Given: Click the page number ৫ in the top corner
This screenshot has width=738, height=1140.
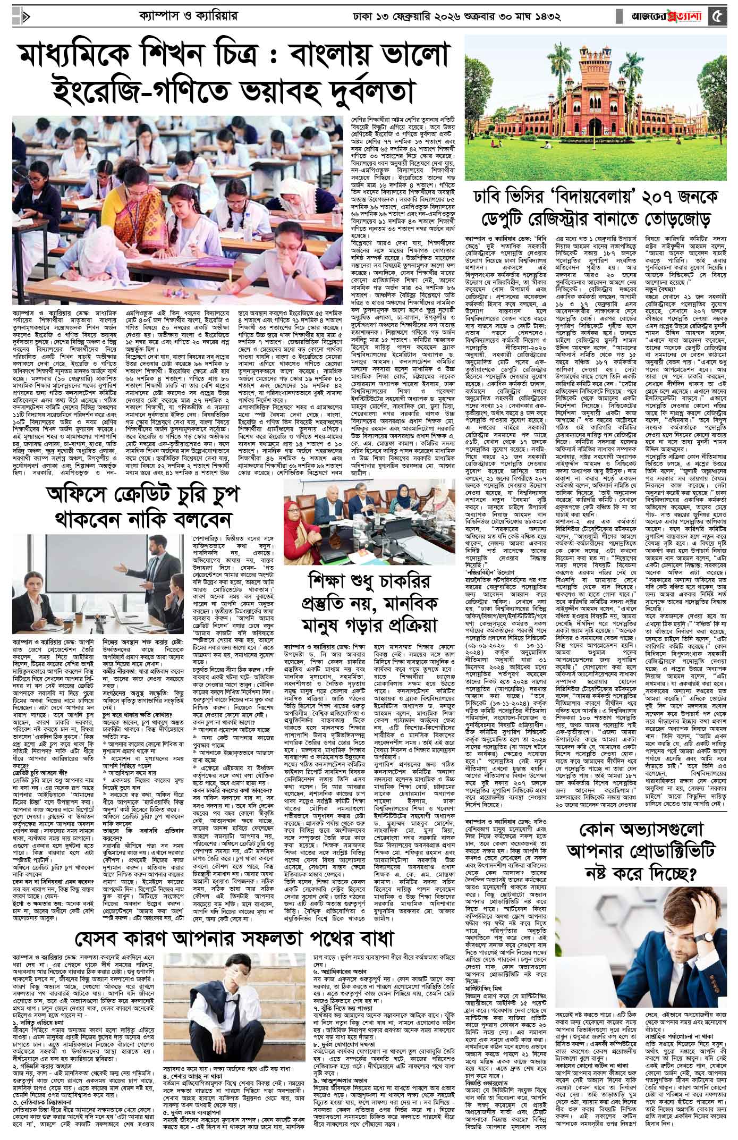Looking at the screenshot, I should click(719, 15).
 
